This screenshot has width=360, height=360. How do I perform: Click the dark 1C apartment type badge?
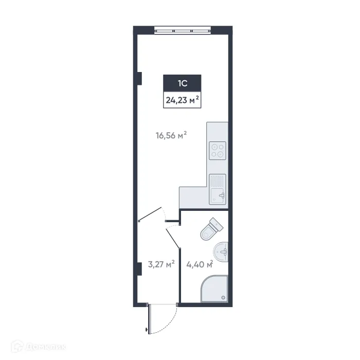point(182,83)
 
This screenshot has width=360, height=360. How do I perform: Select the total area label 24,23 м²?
point(182,100)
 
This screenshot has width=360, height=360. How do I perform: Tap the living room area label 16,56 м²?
point(171,136)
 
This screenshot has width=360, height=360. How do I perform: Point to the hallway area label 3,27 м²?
point(161,265)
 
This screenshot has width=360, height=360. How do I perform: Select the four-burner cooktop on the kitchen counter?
point(217,150)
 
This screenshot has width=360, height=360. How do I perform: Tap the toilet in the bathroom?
point(210,229)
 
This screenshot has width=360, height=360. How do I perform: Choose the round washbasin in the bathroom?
point(222,251)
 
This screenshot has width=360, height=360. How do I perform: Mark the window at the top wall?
point(182,30)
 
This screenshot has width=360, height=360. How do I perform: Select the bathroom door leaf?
point(173,240)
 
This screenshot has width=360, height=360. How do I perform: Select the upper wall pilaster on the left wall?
point(139,77)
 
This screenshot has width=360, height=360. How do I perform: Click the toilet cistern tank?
point(217,224)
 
